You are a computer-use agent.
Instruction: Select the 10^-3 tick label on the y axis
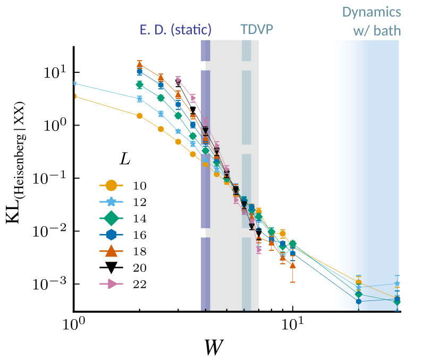tap(49, 283)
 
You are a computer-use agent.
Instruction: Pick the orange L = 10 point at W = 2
tap(140, 116)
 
